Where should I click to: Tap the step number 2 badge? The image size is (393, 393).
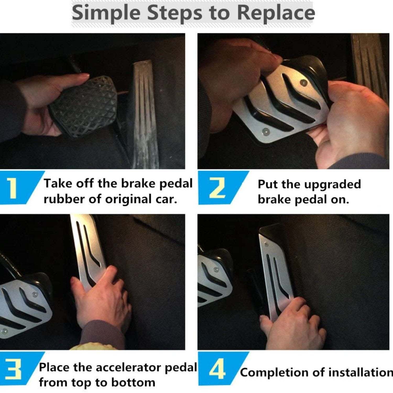(217, 188)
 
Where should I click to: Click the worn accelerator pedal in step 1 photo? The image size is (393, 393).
(145, 115)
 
